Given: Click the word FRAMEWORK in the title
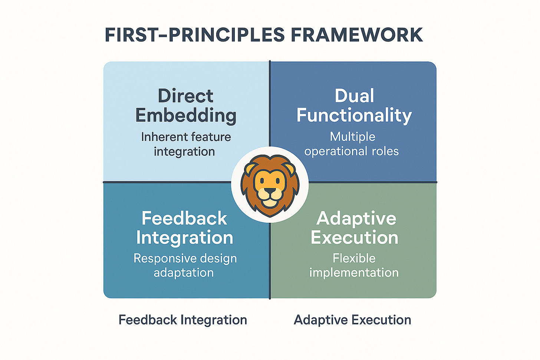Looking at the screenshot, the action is pyautogui.click(x=356, y=35).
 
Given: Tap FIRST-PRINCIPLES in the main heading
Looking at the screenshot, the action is pyautogui.click(x=195, y=35).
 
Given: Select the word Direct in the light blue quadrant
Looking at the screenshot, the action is pyautogui.click(x=185, y=96).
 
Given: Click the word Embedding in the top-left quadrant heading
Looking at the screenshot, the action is pyautogui.click(x=186, y=116).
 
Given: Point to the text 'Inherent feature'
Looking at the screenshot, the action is pyautogui.click(x=186, y=137).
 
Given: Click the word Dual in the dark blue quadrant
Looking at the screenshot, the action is pyautogui.click(x=354, y=96).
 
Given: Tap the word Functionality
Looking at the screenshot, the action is pyautogui.click(x=354, y=115).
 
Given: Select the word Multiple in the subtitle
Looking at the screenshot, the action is pyautogui.click(x=352, y=137).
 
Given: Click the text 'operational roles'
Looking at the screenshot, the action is pyautogui.click(x=352, y=151).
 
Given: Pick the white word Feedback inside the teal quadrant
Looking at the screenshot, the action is pyautogui.click(x=184, y=218).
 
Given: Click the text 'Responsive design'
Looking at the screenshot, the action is pyautogui.click(x=185, y=258).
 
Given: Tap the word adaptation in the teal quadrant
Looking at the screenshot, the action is pyautogui.click(x=184, y=273).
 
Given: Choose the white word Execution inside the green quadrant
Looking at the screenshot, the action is pyautogui.click(x=354, y=238).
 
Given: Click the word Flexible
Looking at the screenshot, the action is pyautogui.click(x=354, y=258).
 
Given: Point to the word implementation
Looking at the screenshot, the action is pyautogui.click(x=354, y=273).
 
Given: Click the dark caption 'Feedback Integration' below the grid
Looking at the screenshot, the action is pyautogui.click(x=183, y=320).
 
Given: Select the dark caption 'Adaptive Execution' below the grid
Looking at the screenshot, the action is pyautogui.click(x=352, y=320).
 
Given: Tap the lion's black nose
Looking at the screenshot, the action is pyautogui.click(x=270, y=191).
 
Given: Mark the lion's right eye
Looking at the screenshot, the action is pyautogui.click(x=279, y=182).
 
